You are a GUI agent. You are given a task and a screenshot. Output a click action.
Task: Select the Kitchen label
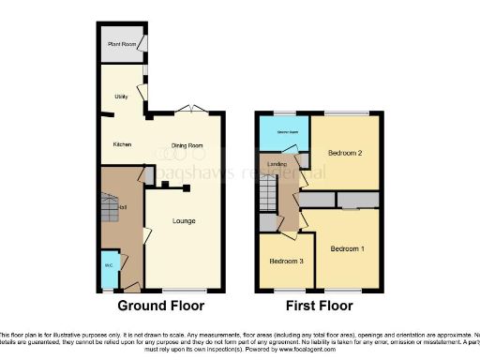[x=121, y=144]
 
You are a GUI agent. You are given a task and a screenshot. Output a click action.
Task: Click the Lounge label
[x=183, y=222]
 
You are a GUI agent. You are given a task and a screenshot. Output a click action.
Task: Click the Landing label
[x=277, y=165]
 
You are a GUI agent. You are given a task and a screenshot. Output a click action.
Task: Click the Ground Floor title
[x=161, y=306]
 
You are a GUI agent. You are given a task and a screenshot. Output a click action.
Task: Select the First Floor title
[x=319, y=306]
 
